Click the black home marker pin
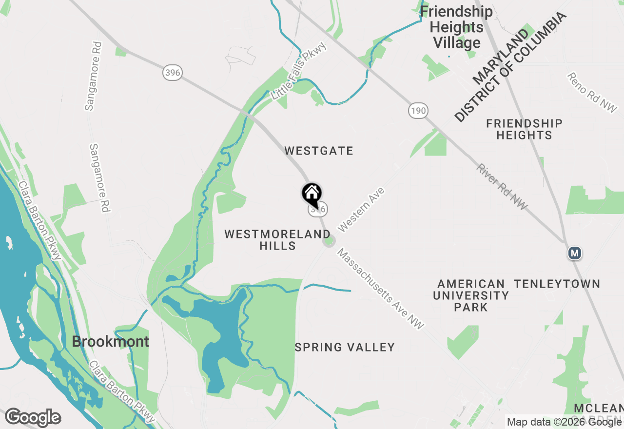click(312, 195)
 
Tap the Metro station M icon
click(575, 253)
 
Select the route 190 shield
click(418, 111)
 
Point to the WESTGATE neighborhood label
click(319, 151)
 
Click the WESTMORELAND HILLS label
click(277, 240)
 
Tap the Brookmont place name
click(111, 341)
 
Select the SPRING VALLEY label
click(345, 347)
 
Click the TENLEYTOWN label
click(557, 284)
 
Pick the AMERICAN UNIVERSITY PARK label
click(471, 295)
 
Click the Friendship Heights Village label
click(457, 27)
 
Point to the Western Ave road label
click(361, 210)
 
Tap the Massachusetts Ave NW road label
click(381, 289)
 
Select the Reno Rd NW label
click(592, 93)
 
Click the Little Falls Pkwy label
click(299, 71)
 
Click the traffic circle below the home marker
click(329, 241)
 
